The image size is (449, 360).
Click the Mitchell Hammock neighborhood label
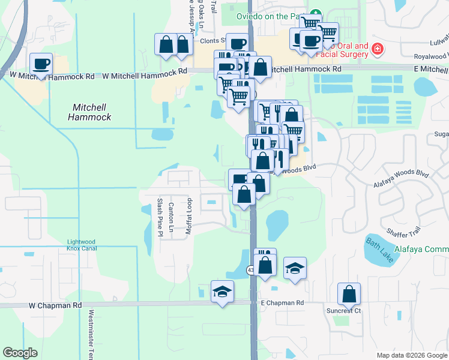tap(92, 112)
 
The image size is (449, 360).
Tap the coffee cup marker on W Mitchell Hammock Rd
tap(41, 64)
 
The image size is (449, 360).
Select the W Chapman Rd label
tap(55, 305)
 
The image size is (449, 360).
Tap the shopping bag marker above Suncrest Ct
tap(349, 294)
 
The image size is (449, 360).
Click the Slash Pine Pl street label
tap(160, 217)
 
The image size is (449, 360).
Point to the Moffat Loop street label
tap(188, 216)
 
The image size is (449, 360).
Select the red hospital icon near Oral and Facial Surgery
tap(377, 49)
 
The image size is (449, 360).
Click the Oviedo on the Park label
tap(271, 16)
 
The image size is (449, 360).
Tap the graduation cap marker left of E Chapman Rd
tap(222, 293)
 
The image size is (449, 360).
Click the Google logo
tap(20, 353)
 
